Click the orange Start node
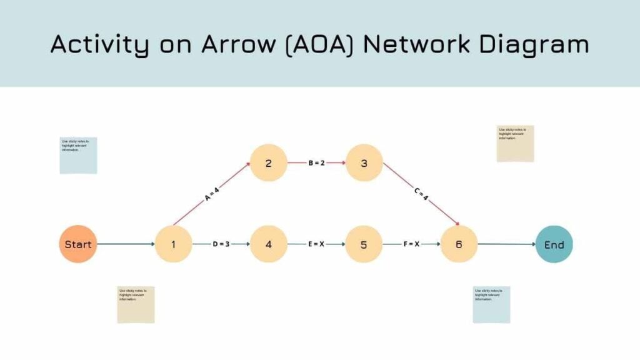[x=78, y=244]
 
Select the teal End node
[x=554, y=244]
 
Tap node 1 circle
[x=173, y=244]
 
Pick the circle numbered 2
[x=269, y=163]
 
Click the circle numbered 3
[x=364, y=163]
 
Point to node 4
[x=269, y=244]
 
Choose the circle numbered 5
[x=364, y=244]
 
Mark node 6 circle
[x=459, y=244]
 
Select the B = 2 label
[x=317, y=163]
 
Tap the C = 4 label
[x=421, y=194]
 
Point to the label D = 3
[x=221, y=244]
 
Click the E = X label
[x=316, y=244]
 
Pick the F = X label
[x=411, y=244]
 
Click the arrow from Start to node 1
[x=125, y=244]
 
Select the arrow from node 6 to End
[x=506, y=244]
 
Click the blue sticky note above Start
[x=78, y=155]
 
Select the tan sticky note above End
[x=515, y=144]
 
